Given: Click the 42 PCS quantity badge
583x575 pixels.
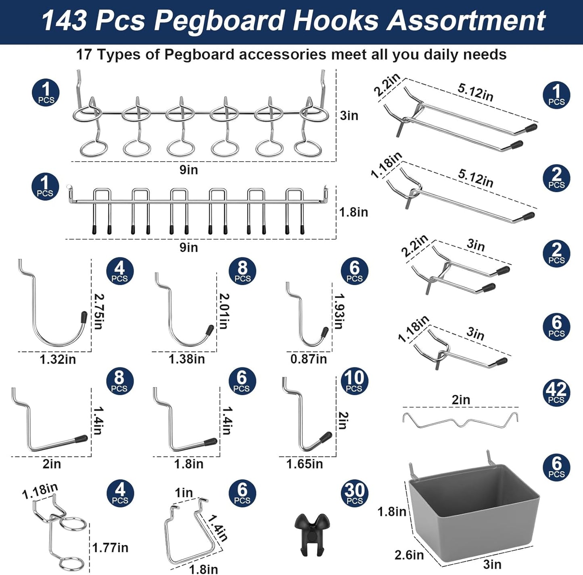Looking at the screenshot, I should click(556, 392).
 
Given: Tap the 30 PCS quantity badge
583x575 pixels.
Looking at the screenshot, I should click(354, 493).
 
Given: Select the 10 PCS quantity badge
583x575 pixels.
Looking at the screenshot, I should click(354, 381).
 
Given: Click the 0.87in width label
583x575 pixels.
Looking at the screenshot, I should click(309, 359).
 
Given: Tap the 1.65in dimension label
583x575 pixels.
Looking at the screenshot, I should click(305, 464).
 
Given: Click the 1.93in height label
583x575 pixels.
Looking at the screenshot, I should click(339, 311).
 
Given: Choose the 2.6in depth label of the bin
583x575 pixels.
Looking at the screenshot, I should click(409, 555).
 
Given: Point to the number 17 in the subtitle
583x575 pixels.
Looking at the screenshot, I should click(84, 54).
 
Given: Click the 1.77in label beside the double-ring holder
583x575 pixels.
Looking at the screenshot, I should click(110, 548).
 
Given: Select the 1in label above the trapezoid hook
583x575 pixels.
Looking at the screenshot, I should click(184, 493).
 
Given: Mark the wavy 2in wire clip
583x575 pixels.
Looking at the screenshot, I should click(460, 420).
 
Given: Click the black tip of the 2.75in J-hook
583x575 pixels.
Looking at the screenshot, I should click(84, 317).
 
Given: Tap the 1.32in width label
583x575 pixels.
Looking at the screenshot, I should click(58, 359).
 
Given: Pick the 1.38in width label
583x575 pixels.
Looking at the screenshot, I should click(186, 359).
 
